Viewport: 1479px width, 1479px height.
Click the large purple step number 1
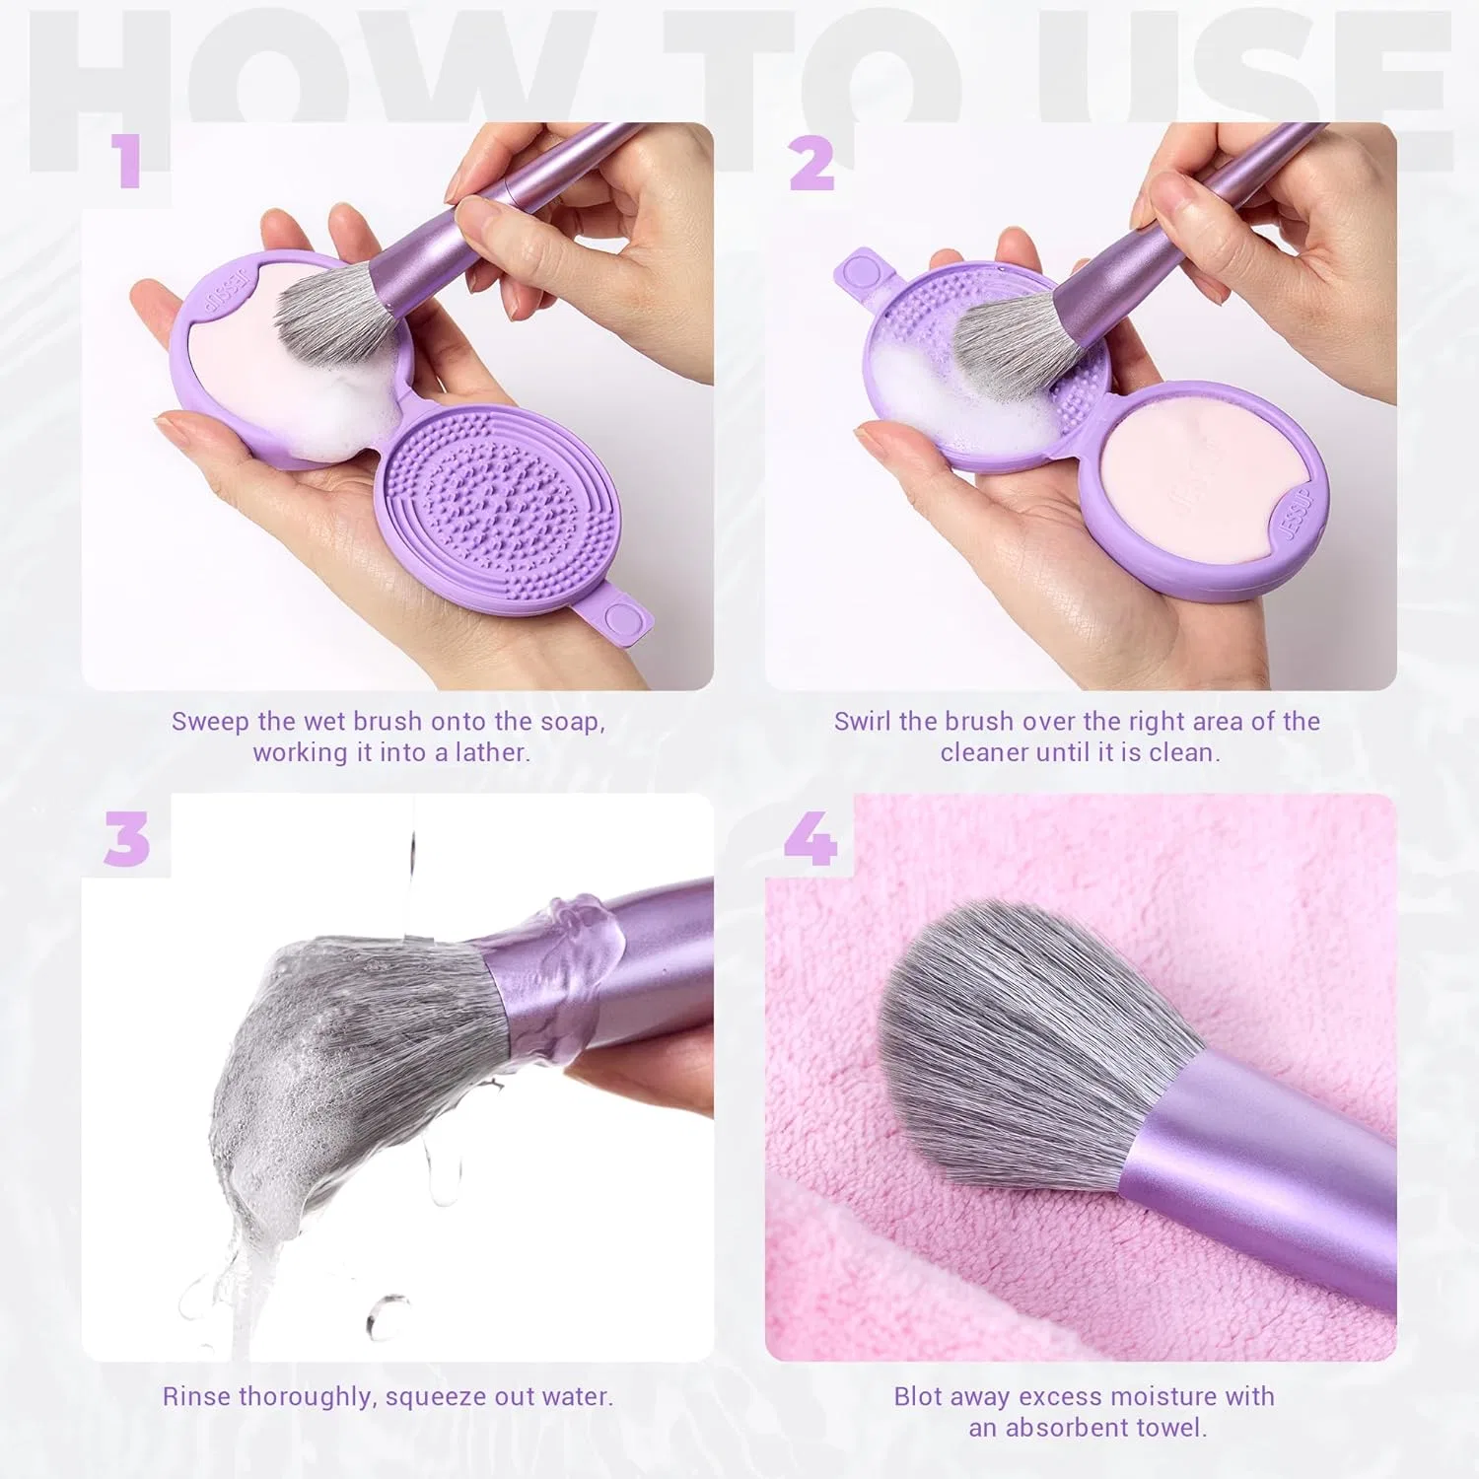[x=127, y=162]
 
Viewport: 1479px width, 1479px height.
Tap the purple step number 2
[x=812, y=163]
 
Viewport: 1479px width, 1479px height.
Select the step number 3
[x=127, y=840]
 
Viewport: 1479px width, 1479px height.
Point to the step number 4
[x=810, y=840]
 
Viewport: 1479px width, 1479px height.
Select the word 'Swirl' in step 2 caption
[x=863, y=721]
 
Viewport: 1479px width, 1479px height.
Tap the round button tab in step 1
[x=621, y=617]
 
